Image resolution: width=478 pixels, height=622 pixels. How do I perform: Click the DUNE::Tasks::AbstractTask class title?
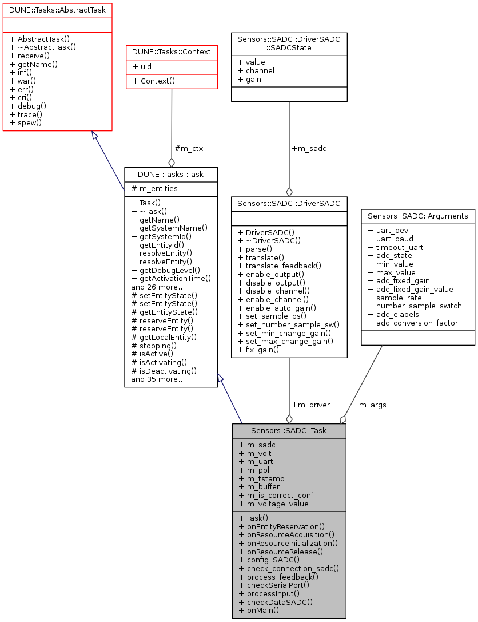(57, 10)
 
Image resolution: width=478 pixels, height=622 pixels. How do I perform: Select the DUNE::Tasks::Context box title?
(172, 51)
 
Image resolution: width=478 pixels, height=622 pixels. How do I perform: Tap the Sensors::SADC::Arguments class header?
(418, 216)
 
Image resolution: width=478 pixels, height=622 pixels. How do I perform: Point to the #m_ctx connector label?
(189, 148)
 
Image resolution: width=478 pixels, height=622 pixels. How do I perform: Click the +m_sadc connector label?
(309, 148)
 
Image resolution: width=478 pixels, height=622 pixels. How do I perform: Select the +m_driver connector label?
(311, 405)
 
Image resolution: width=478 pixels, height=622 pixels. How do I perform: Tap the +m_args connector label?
(369, 405)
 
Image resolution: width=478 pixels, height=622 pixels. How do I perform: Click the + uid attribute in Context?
(142, 66)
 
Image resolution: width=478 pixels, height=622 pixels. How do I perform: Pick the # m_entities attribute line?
(154, 188)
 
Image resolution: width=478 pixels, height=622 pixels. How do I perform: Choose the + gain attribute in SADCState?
(249, 79)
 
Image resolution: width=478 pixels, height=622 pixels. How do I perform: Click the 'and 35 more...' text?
(158, 379)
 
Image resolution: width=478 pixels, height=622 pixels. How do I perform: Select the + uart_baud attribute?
(391, 238)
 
